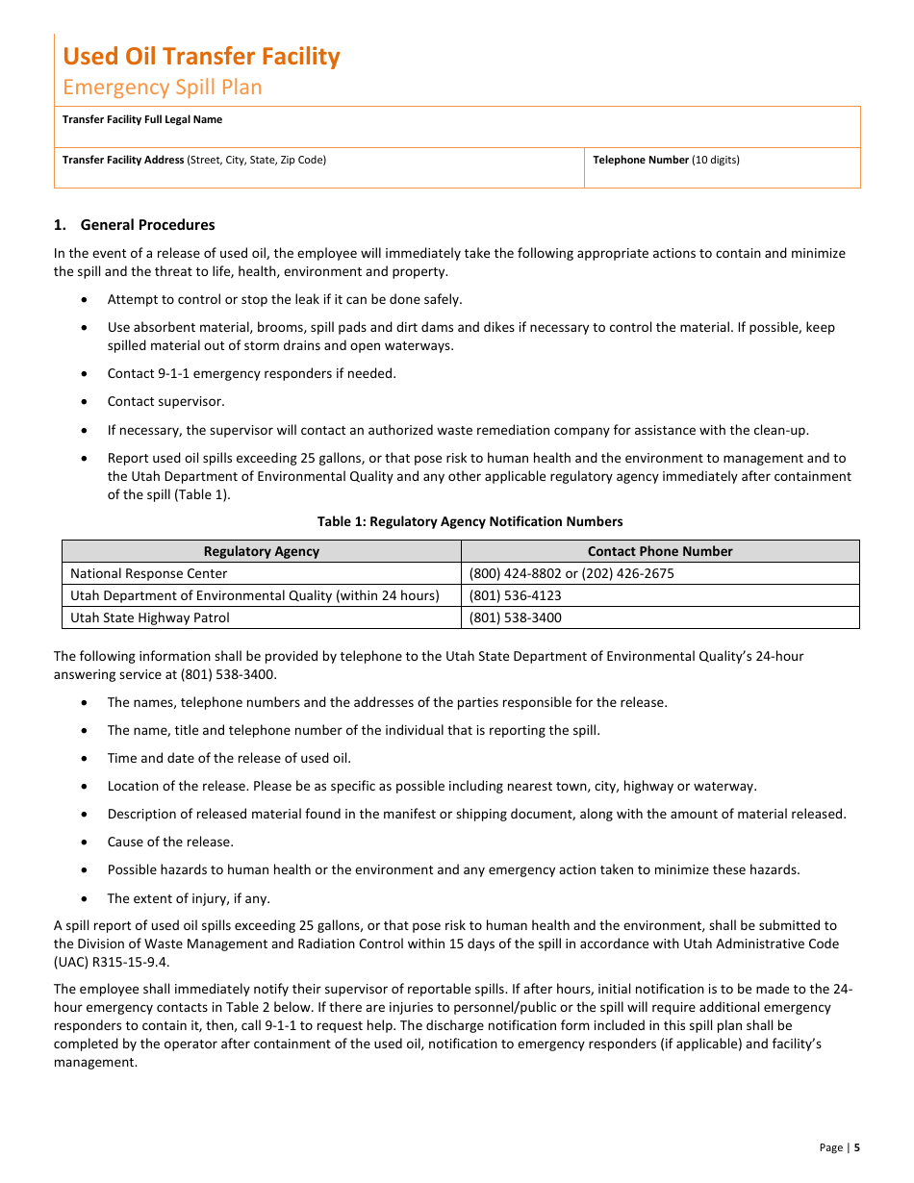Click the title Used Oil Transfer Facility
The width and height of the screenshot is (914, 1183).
(201, 57)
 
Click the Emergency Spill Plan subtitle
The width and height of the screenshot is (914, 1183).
(162, 88)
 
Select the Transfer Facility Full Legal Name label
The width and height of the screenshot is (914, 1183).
(142, 120)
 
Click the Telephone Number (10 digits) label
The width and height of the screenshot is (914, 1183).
(666, 161)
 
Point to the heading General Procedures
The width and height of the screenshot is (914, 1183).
(147, 225)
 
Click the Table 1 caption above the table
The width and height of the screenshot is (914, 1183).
(470, 522)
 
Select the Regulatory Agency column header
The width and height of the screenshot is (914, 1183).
(261, 552)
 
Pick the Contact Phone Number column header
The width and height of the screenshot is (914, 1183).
(660, 552)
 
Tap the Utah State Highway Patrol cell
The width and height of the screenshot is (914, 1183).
(150, 618)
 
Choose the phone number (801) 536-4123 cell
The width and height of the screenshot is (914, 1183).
(515, 596)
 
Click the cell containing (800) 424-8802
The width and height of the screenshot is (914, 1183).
(571, 574)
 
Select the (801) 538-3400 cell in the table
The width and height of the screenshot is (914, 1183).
(515, 618)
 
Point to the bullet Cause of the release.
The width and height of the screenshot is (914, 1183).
(170, 843)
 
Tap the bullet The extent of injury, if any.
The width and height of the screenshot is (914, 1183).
(189, 899)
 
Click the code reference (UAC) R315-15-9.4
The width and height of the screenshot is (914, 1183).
(112, 962)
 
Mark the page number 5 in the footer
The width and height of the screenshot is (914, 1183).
(856, 1147)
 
